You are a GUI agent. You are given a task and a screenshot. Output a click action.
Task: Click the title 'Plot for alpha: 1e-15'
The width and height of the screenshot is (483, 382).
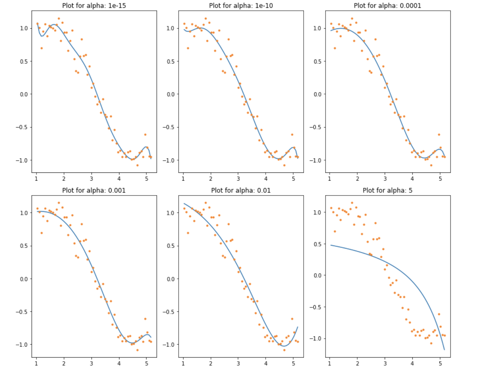(x=94, y=6)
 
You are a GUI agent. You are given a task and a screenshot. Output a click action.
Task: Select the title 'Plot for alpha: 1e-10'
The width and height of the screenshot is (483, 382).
(x=241, y=6)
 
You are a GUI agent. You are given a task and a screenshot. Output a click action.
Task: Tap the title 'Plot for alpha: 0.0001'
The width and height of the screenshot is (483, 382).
(x=387, y=6)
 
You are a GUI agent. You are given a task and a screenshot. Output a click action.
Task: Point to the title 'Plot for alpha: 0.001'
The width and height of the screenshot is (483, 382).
(x=94, y=190)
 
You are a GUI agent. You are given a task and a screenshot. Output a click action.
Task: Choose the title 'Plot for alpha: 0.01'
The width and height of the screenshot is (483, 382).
(x=241, y=190)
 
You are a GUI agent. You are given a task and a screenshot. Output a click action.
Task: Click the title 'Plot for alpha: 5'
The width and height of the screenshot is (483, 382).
(x=387, y=190)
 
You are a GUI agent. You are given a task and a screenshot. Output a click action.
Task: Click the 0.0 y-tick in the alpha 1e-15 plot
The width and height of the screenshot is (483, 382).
(x=24, y=94)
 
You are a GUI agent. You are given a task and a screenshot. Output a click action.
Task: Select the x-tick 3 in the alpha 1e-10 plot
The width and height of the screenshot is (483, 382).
(x=238, y=179)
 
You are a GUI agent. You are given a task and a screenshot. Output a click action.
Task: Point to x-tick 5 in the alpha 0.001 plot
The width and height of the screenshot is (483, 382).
(x=146, y=363)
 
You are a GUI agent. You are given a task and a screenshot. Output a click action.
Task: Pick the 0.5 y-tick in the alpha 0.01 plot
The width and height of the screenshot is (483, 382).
(x=171, y=246)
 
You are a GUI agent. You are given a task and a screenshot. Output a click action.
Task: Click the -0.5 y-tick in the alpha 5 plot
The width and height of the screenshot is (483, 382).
(x=315, y=307)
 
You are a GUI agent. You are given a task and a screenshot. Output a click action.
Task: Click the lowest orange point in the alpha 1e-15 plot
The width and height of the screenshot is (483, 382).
(x=137, y=165)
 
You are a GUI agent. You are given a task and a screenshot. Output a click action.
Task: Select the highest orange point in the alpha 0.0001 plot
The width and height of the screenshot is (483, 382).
(x=352, y=19)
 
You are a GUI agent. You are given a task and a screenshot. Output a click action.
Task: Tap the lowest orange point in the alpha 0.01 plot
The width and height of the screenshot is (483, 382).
(x=284, y=350)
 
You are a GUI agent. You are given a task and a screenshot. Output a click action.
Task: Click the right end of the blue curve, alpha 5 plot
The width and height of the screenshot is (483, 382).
(x=444, y=350)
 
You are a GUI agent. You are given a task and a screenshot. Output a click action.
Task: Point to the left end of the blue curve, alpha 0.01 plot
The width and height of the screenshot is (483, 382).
(x=184, y=204)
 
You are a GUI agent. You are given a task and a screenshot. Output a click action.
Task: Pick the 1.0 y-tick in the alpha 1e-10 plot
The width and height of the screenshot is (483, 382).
(x=171, y=28)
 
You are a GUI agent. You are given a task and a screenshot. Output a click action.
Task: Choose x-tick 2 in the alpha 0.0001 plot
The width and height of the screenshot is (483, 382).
(x=357, y=179)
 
